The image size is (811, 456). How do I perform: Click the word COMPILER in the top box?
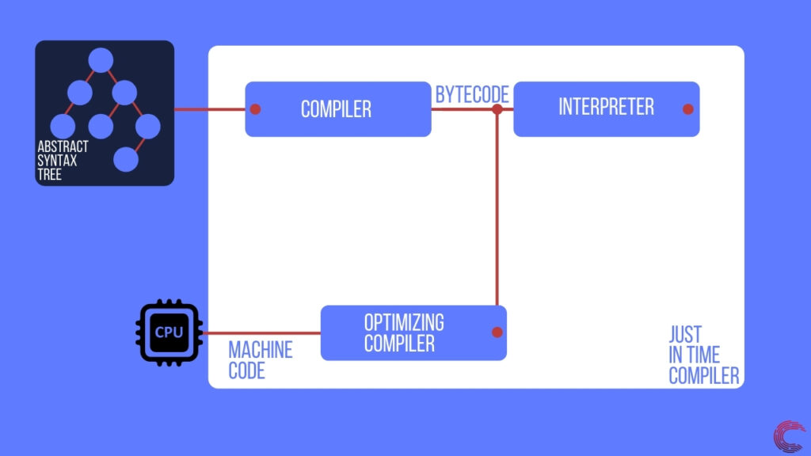click(336, 109)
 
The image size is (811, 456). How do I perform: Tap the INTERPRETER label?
click(606, 107)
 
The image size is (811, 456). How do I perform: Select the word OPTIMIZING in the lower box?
click(404, 323)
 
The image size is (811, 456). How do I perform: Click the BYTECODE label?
click(472, 95)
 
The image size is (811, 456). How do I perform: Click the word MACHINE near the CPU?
click(261, 350)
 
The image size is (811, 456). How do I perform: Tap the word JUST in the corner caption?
click(685, 334)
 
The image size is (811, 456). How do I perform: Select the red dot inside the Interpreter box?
click(687, 109)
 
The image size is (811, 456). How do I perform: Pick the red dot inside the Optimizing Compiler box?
click(497, 332)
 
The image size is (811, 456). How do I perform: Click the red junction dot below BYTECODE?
click(497, 109)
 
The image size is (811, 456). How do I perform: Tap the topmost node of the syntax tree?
click(101, 61)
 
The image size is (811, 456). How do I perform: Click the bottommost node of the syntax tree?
click(127, 159)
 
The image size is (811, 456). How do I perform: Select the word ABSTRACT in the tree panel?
click(63, 148)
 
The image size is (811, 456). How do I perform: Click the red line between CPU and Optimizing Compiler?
click(261, 333)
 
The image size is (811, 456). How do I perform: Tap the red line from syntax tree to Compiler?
click(210, 109)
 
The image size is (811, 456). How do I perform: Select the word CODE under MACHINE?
click(246, 370)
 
